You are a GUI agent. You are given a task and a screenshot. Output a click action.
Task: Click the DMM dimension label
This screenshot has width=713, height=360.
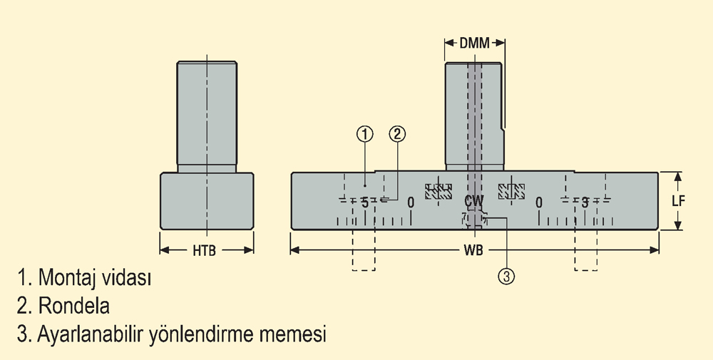(475, 43)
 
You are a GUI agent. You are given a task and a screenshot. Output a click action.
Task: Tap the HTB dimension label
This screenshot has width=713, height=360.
(204, 250)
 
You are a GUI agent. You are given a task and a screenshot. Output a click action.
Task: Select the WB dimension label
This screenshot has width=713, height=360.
(473, 250)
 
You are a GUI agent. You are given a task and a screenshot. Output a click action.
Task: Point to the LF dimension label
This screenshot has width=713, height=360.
(678, 201)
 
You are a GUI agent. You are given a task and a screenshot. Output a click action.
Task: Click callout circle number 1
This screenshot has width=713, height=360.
(364, 134)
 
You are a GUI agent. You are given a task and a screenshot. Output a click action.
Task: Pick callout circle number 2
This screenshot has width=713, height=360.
(397, 134)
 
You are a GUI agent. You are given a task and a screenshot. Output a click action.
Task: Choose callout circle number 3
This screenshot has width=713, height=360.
(506, 276)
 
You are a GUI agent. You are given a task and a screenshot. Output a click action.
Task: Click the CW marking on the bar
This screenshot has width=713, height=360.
(474, 200)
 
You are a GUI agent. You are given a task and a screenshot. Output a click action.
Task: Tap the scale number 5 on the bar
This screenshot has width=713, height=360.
(364, 202)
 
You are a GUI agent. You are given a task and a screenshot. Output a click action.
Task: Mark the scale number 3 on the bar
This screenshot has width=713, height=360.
(585, 202)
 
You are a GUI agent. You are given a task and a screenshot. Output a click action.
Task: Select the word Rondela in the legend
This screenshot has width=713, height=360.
(73, 305)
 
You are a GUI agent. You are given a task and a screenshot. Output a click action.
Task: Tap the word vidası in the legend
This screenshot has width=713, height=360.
(126, 277)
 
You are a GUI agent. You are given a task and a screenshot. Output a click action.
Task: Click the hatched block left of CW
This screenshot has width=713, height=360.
(438, 191)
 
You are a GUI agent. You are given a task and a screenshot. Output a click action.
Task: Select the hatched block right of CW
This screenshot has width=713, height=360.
(511, 191)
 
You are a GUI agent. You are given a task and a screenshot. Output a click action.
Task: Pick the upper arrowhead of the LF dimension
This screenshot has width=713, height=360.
(678, 177)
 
